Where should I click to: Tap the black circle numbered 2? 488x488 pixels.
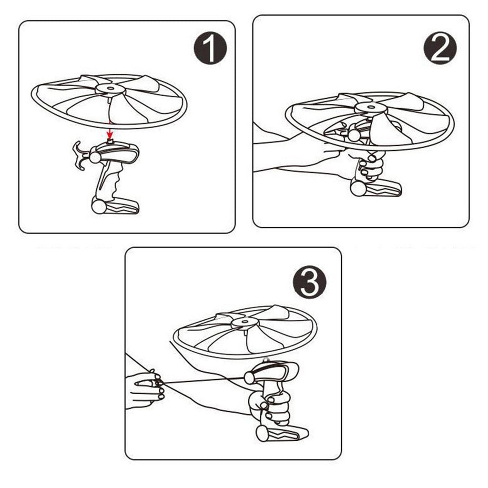point(440,48)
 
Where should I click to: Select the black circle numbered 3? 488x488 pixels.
point(310,282)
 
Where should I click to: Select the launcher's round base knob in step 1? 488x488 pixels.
point(99,206)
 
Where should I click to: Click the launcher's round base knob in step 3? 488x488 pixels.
point(263,434)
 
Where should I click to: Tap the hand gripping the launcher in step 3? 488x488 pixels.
point(270,406)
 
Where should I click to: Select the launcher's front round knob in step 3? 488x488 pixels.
point(250,378)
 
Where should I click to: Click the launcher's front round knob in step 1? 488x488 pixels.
point(95,158)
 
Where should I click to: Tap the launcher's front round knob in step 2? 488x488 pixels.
point(354,135)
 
